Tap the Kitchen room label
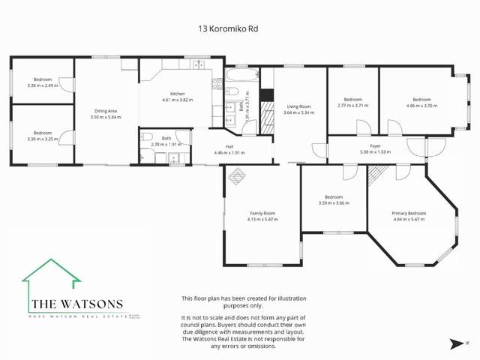coord(177,94)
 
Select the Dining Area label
coord(105,111)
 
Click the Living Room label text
coord(298,106)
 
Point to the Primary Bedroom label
coord(409,213)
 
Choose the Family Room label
coord(262,213)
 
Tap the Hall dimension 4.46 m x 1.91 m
coord(229,153)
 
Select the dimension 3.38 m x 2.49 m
coord(42,85)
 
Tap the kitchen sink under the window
coord(199,66)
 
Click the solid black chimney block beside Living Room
coord(265,96)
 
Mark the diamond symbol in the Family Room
coord(236,176)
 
